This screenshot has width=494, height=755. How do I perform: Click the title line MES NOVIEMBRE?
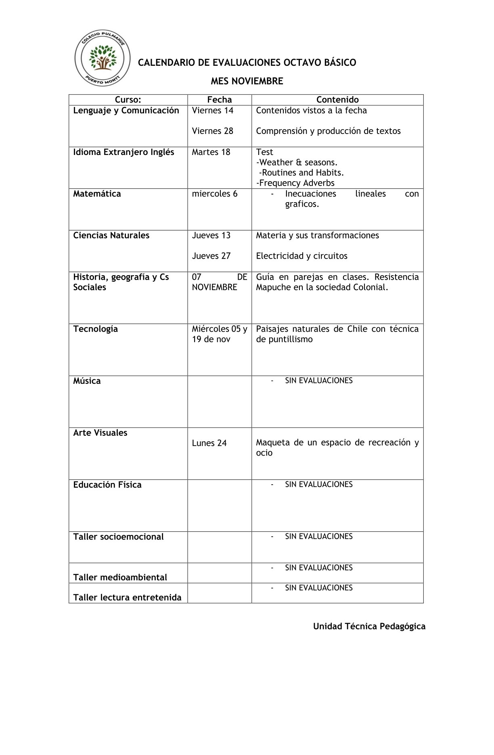pos(247,81)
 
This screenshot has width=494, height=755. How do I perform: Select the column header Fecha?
pos(219,100)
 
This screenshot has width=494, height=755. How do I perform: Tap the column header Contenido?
pos(337,100)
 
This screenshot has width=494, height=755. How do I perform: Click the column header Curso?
pos(128,100)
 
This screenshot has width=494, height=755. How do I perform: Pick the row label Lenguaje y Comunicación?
pos(126,111)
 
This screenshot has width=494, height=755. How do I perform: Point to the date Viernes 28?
pos(212,131)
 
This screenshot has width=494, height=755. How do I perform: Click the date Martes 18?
pos(211,152)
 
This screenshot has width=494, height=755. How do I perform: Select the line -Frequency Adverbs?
pos(295,183)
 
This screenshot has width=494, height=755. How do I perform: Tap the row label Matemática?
pos(97,194)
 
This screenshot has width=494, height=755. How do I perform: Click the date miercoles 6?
pos(214,194)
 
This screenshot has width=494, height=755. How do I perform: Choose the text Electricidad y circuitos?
pos(301,256)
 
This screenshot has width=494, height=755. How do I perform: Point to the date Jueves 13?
pos(211,235)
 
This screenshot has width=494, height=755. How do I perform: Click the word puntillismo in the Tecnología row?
pos(291,339)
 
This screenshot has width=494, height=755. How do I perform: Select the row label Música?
pos(87,381)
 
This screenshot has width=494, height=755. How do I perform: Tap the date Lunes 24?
pos(209,443)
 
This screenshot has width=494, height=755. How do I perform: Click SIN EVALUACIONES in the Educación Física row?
pos(318,484)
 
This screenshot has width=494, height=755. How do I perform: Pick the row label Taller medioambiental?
pos(120,577)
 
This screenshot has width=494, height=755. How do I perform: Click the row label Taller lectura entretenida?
pos(127,598)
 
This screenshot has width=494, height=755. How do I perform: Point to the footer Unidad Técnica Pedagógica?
pos(369,626)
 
